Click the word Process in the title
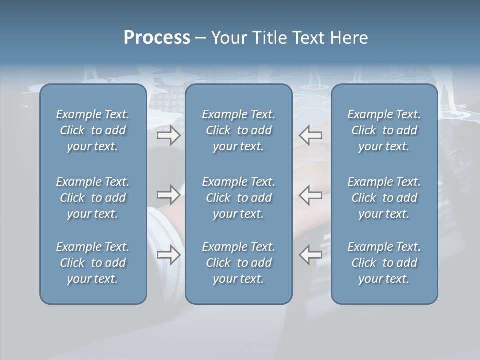click(157, 38)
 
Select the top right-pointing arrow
click(169, 135)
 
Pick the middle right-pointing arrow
click(169, 195)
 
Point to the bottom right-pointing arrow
click(169, 254)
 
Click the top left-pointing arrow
click(311, 135)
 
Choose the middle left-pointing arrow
click(311, 195)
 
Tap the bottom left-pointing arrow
click(311, 254)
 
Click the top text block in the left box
click(93, 130)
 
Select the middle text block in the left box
click(93, 198)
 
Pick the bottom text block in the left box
click(93, 263)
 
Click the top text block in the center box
click(239, 130)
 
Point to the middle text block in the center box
click(239, 198)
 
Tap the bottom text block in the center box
click(239, 263)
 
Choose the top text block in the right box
click(384, 130)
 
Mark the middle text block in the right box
click(384, 198)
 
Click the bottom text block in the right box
click(384, 263)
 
